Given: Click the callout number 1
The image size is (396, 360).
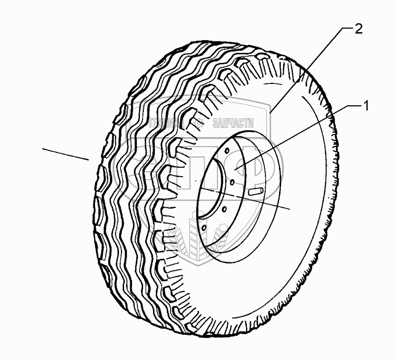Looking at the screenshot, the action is [365, 106].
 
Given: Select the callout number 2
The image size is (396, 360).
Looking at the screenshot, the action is [359, 29].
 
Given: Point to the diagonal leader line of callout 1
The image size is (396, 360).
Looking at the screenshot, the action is [299, 136].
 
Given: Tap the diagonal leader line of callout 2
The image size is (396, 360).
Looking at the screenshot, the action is [308, 66].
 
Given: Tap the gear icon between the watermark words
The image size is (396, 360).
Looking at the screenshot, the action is [198, 124].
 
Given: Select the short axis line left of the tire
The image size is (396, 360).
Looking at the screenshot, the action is [66, 154].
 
